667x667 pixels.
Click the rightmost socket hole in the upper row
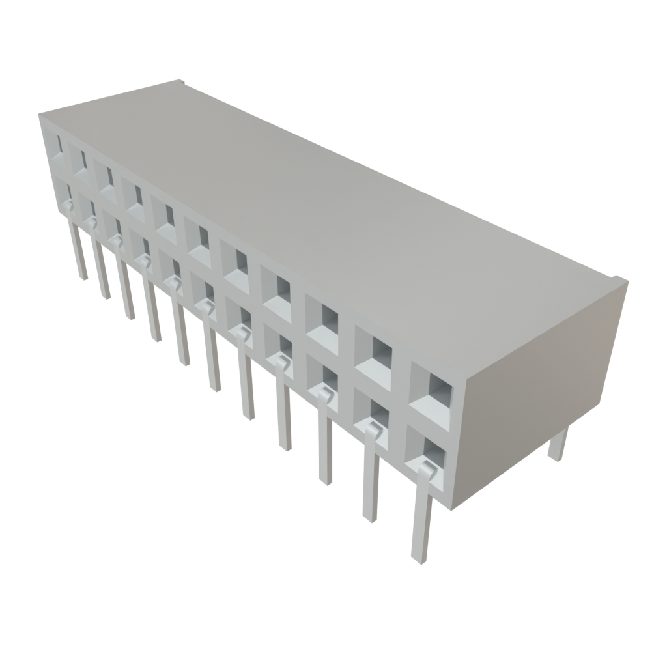point(431,391)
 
